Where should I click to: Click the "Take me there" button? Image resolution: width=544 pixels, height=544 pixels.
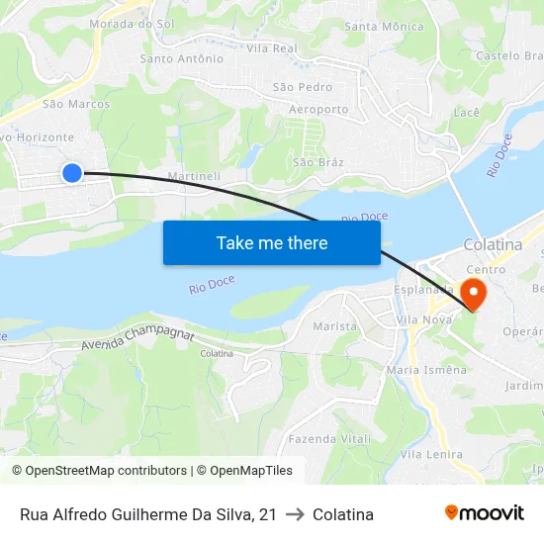(x=272, y=242)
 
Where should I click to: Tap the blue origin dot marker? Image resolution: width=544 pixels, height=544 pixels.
(x=72, y=173)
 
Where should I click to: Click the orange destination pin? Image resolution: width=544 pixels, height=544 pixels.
(x=473, y=293)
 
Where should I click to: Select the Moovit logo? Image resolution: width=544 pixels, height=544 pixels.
(x=485, y=513)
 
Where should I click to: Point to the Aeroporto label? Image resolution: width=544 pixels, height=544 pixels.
(x=318, y=109)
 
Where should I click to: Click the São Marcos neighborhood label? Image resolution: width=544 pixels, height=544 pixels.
(x=76, y=103)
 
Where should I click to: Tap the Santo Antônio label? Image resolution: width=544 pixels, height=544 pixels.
(x=182, y=58)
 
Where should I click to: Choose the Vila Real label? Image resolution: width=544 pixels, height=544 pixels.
(x=272, y=47)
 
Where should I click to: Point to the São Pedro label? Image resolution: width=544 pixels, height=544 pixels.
(x=303, y=88)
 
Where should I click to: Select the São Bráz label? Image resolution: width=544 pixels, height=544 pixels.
(x=317, y=161)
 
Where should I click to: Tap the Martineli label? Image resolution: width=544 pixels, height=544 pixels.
(x=194, y=176)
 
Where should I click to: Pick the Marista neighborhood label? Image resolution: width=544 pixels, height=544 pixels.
(x=334, y=326)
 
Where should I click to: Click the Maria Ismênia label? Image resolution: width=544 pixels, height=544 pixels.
(x=426, y=370)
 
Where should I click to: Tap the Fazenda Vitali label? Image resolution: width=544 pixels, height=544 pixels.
(x=330, y=438)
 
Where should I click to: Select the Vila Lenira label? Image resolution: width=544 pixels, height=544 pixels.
(x=431, y=454)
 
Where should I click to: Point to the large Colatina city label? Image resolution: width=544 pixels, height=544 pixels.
(x=493, y=245)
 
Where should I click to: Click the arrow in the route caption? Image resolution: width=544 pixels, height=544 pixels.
(x=295, y=514)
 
